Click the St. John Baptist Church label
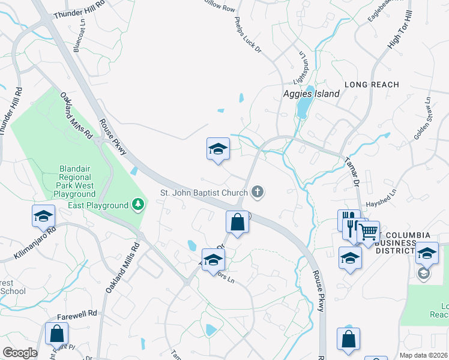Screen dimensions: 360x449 203,193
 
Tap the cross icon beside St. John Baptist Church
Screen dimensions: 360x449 258,192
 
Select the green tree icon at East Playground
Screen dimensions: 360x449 139,205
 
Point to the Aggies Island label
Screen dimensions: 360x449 312,94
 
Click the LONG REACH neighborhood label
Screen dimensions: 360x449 372,85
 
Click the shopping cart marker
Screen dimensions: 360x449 368,232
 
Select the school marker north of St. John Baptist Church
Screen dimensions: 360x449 218,150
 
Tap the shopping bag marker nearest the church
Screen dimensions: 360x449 238,222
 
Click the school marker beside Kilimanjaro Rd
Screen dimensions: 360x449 43,216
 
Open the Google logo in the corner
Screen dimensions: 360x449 20,353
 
